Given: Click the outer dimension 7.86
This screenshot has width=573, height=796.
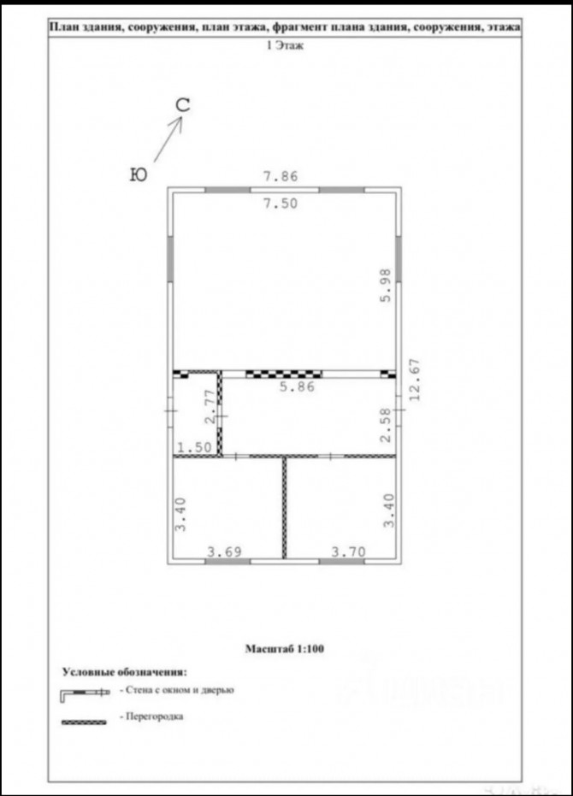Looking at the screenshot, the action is (x=280, y=176).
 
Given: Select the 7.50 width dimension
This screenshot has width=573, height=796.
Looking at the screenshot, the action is (x=280, y=203).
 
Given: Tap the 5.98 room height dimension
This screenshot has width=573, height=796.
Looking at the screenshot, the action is (x=386, y=286).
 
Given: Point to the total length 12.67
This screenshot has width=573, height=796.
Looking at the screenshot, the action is (x=415, y=380).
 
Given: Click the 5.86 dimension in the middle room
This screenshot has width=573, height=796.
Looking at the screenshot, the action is (x=298, y=386).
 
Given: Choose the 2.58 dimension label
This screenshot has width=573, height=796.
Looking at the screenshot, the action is (x=386, y=425).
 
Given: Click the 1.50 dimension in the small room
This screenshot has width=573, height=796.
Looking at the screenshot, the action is (x=194, y=447).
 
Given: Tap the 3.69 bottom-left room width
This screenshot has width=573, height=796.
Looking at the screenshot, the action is (x=224, y=551).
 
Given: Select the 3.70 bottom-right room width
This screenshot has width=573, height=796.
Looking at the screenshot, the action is (x=348, y=551).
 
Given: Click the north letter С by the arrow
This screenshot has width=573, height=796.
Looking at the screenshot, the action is (x=183, y=105).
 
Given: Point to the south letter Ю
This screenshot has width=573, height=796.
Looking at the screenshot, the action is (x=139, y=175).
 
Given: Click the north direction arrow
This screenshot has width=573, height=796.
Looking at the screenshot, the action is (x=168, y=139).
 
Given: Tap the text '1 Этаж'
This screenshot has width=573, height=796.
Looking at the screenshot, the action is (x=285, y=45).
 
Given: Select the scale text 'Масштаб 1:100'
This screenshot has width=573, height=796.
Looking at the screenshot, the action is (x=285, y=648).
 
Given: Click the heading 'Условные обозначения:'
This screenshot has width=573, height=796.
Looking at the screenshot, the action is (x=125, y=672).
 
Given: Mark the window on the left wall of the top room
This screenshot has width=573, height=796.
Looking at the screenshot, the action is (x=171, y=259).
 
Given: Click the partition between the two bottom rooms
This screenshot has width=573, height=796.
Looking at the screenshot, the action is (x=285, y=508).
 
